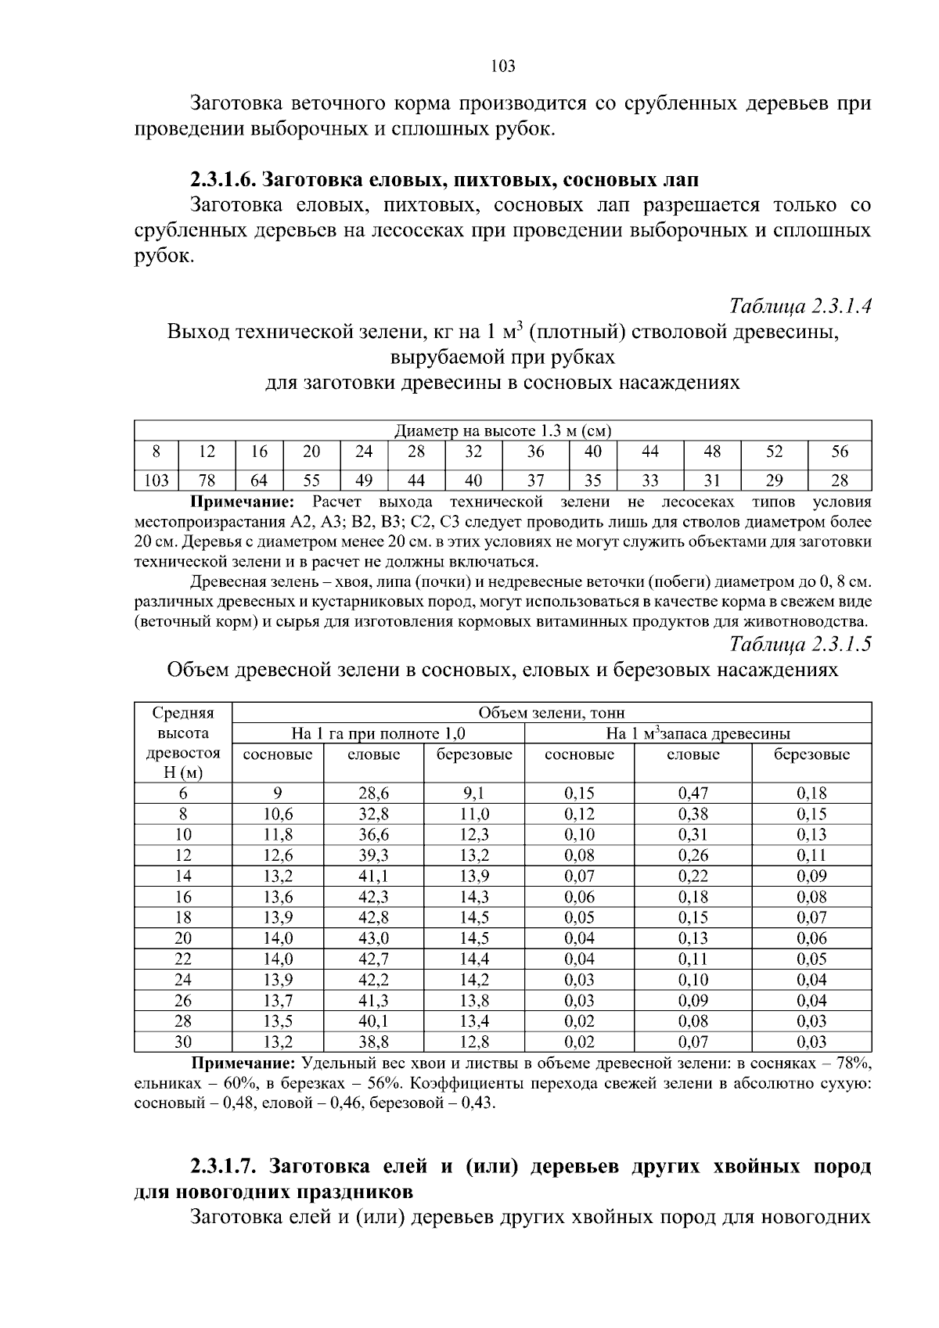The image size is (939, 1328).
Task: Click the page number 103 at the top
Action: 503,67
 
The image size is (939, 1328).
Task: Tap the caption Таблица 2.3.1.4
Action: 800,306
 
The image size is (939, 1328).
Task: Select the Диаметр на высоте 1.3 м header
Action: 502,431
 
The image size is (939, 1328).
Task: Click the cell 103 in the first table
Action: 157,480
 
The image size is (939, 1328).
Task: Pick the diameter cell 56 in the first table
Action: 839,452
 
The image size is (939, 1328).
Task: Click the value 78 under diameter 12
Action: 207,480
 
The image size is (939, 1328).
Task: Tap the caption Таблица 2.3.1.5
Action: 800,644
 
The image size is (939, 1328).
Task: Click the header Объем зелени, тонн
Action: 552,713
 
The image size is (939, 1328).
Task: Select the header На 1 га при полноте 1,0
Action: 379,734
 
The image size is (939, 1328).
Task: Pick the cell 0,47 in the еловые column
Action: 693,794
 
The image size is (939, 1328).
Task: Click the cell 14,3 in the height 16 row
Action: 474,897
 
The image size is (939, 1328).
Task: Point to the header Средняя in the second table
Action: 183,713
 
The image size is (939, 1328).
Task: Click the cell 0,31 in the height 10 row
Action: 693,835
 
